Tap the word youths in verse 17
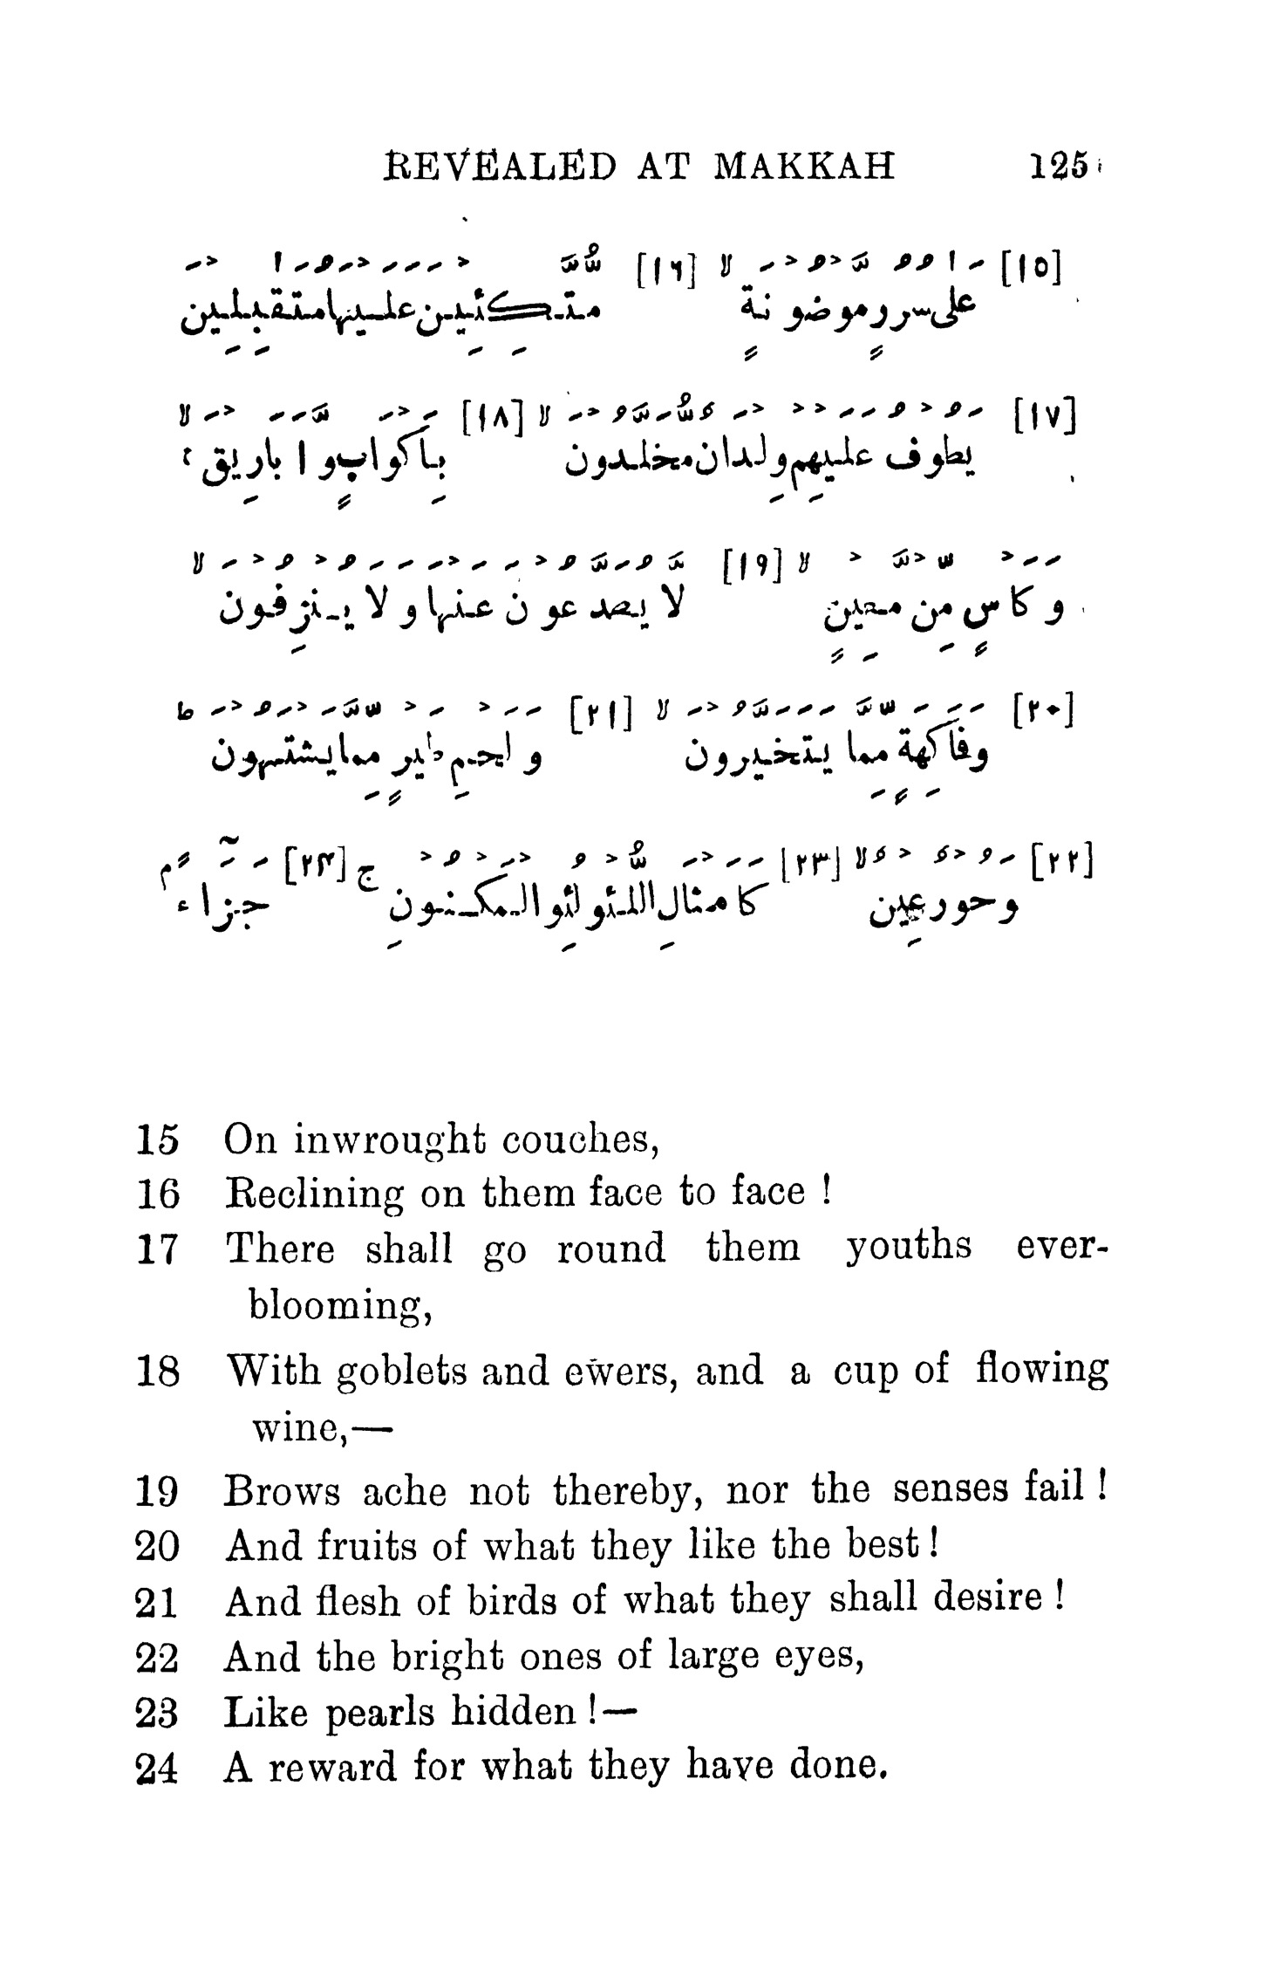pos(908,1248)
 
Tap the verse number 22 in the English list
pos(158,1659)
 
